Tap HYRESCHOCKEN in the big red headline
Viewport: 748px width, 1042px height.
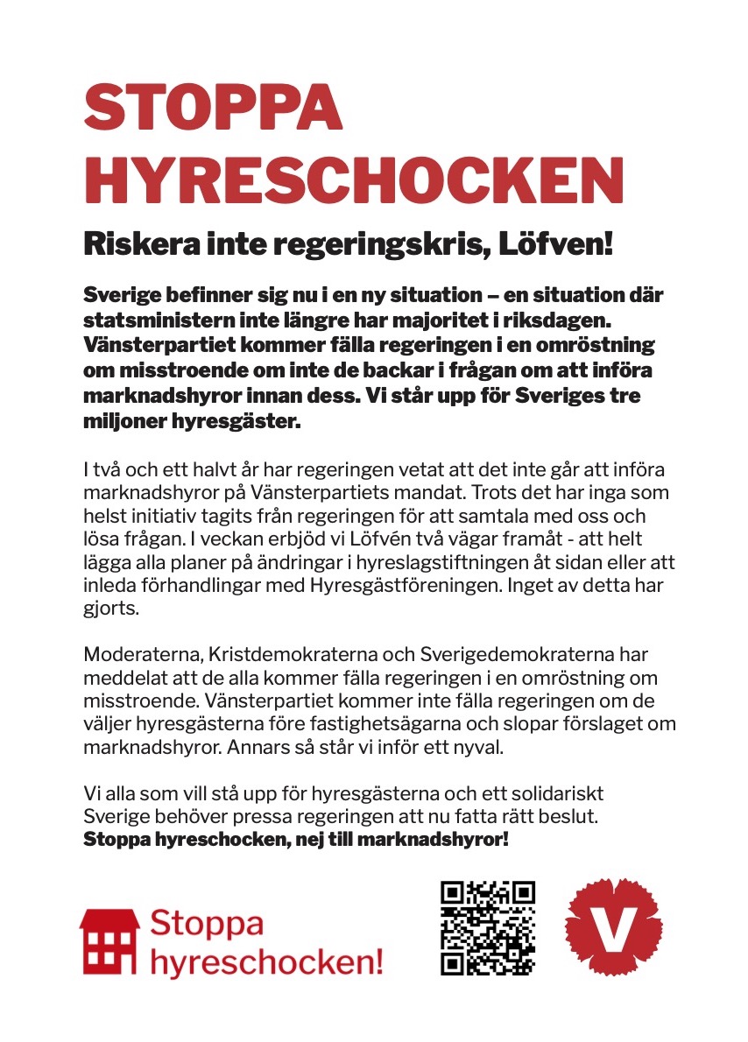click(352, 181)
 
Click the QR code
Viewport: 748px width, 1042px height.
click(488, 927)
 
